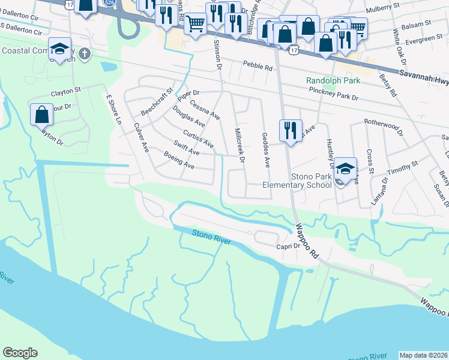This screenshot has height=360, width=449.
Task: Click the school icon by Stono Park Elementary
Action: [346, 169]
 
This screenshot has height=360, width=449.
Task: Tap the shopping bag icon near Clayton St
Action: [42, 113]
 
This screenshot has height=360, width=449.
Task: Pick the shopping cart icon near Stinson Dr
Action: [195, 25]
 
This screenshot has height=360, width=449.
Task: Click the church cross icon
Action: [85, 54]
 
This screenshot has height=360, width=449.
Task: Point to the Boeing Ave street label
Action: [179, 160]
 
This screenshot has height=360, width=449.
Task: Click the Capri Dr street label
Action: [288, 247]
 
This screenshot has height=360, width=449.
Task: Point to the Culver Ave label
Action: [140, 137]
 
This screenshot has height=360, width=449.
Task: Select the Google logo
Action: [20, 353]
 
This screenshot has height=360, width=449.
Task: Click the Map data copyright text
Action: [423, 355]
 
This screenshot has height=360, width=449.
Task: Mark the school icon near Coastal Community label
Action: [59, 49]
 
